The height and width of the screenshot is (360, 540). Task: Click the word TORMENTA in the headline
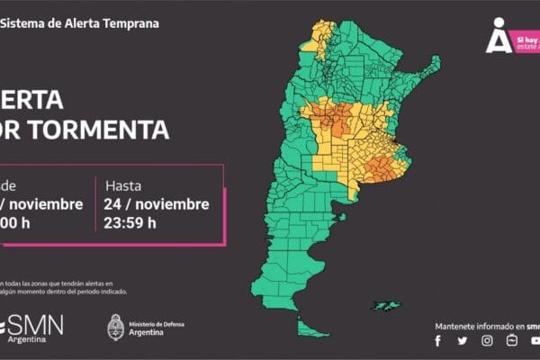(98, 130)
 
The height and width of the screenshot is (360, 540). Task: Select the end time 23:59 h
(130, 223)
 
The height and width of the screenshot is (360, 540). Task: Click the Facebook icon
(438, 340)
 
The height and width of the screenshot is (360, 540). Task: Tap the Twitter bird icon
(463, 340)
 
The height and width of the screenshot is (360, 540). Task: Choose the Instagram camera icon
(487, 340)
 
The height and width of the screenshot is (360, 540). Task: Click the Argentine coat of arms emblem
(115, 327)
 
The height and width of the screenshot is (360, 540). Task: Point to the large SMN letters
(39, 323)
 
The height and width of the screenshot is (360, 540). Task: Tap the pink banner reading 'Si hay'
(526, 41)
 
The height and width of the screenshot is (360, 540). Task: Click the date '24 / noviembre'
(157, 204)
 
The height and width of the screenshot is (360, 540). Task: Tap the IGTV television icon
(511, 340)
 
